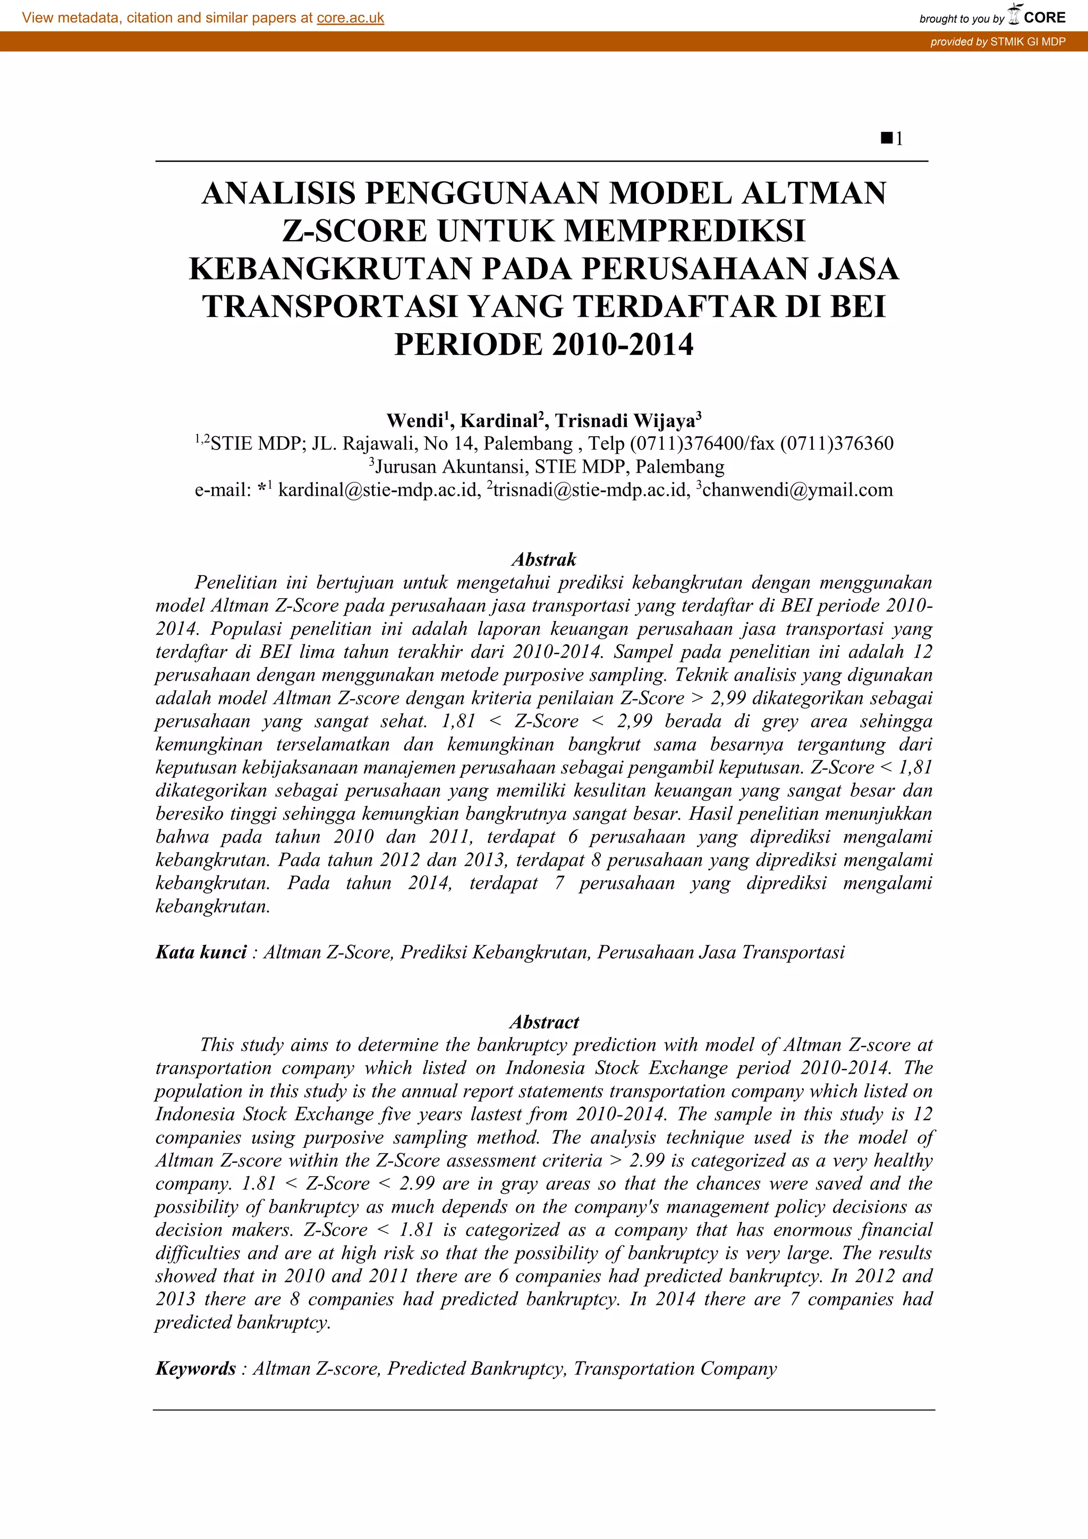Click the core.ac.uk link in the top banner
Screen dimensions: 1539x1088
point(350,18)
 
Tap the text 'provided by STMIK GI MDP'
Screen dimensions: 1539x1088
point(998,41)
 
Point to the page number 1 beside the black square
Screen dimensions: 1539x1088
point(899,139)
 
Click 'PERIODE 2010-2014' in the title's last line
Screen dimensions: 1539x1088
point(543,345)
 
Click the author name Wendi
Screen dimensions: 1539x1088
point(414,421)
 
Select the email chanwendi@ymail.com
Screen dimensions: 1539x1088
point(797,490)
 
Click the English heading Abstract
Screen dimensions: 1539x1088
point(543,1022)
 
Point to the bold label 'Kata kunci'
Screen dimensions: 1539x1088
point(201,953)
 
